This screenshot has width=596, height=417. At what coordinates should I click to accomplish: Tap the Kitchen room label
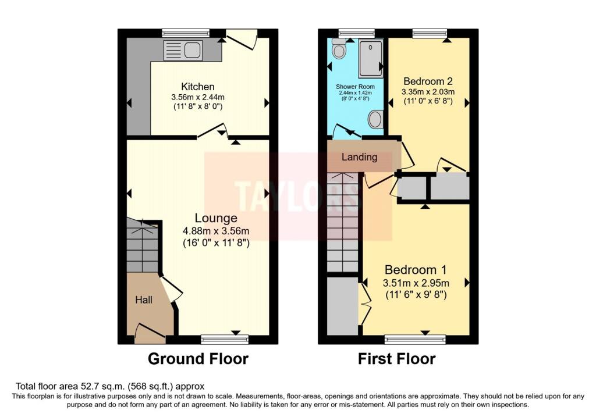pyautogui.click(x=197, y=87)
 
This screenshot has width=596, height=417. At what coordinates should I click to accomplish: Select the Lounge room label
pyautogui.click(x=216, y=218)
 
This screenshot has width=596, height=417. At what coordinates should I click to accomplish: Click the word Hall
pyautogui.click(x=144, y=300)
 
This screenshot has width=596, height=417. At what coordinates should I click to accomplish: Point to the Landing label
pyautogui.click(x=359, y=157)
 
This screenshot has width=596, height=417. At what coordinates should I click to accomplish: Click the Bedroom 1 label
pyautogui.click(x=415, y=270)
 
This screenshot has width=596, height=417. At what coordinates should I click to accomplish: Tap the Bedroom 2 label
pyautogui.click(x=428, y=81)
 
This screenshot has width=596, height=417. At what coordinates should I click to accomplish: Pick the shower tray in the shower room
pyautogui.click(x=371, y=58)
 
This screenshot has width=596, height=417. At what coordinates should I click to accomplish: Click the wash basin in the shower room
pyautogui.click(x=376, y=120)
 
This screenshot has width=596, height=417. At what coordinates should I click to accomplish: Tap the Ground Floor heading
pyautogui.click(x=198, y=359)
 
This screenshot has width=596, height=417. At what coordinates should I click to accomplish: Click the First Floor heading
pyautogui.click(x=396, y=359)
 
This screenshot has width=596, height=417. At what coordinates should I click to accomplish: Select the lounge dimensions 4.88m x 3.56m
pyautogui.click(x=216, y=231)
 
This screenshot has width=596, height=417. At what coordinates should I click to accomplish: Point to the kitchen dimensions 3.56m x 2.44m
pyautogui.click(x=197, y=97)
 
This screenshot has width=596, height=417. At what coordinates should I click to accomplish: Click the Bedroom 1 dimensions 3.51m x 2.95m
pyautogui.click(x=415, y=283)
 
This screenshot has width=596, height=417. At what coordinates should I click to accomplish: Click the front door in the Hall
pyautogui.click(x=150, y=332)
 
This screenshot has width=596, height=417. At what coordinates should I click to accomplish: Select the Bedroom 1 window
pyautogui.click(x=415, y=338)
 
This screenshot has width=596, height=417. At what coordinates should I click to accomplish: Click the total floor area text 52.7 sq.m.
pyautogui.click(x=110, y=386)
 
